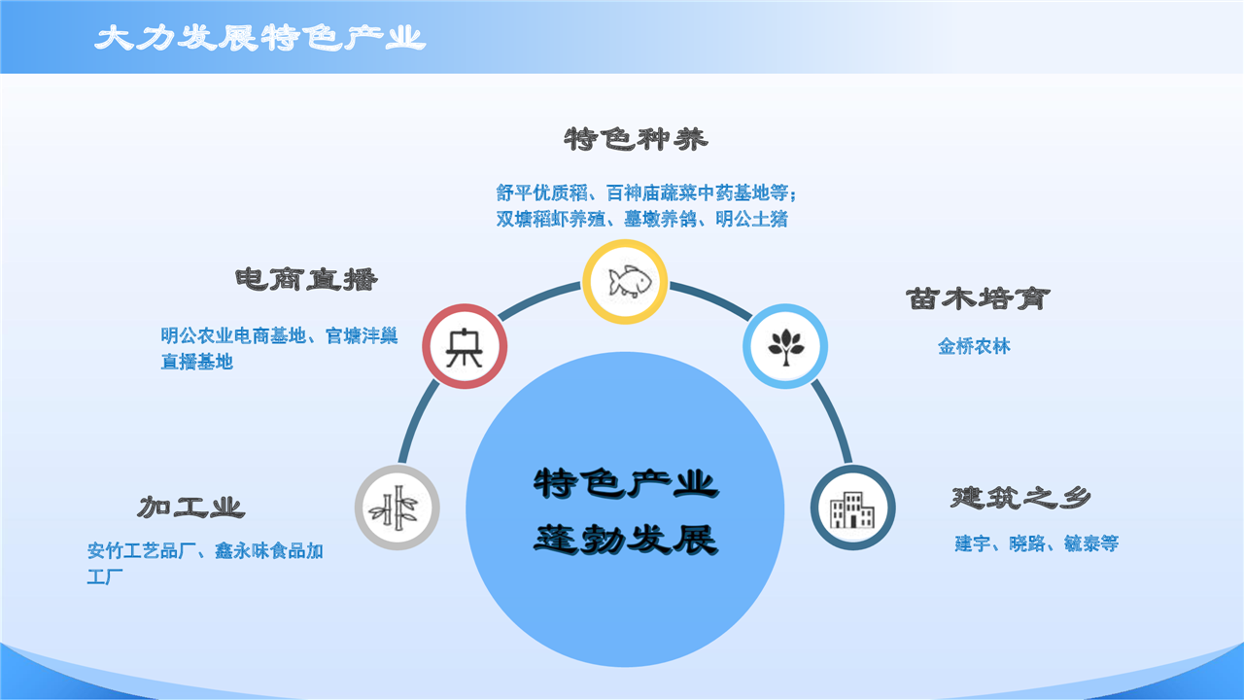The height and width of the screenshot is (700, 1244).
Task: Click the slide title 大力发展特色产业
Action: pyautogui.click(x=259, y=38)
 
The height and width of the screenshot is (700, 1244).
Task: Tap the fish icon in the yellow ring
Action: pyautogui.click(x=630, y=282)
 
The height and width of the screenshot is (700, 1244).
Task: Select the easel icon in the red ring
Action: pyautogui.click(x=465, y=347)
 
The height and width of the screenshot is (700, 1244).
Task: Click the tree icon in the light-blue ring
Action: pyautogui.click(x=786, y=347)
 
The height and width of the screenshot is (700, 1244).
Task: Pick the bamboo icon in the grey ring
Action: pyautogui.click(x=397, y=507)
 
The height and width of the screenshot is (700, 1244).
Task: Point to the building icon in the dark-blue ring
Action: pyautogui.click(x=852, y=508)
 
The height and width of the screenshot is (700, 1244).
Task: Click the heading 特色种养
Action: pyautogui.click(x=637, y=139)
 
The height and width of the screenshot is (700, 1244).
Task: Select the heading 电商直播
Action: pyautogui.click(x=306, y=279)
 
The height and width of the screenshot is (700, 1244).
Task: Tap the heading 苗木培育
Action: pyautogui.click(x=978, y=298)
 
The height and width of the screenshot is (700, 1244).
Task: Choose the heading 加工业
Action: pyautogui.click(x=191, y=507)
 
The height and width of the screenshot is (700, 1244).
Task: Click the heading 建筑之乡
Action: pyautogui.click(x=1020, y=497)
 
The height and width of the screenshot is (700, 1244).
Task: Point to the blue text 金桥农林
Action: pyautogui.click(x=974, y=347)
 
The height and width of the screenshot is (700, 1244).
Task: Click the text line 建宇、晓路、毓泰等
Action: pyautogui.click(x=1037, y=543)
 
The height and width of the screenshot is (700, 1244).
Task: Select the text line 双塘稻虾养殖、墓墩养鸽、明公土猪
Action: pyautogui.click(x=642, y=219)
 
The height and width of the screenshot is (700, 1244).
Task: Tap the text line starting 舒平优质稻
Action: pyautogui.click(x=646, y=192)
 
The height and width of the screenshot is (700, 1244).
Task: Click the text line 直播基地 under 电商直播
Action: pyautogui.click(x=196, y=362)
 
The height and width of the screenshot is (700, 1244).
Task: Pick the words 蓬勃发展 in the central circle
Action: pyautogui.click(x=626, y=539)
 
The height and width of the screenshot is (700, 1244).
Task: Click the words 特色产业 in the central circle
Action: pyautogui.click(x=626, y=483)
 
